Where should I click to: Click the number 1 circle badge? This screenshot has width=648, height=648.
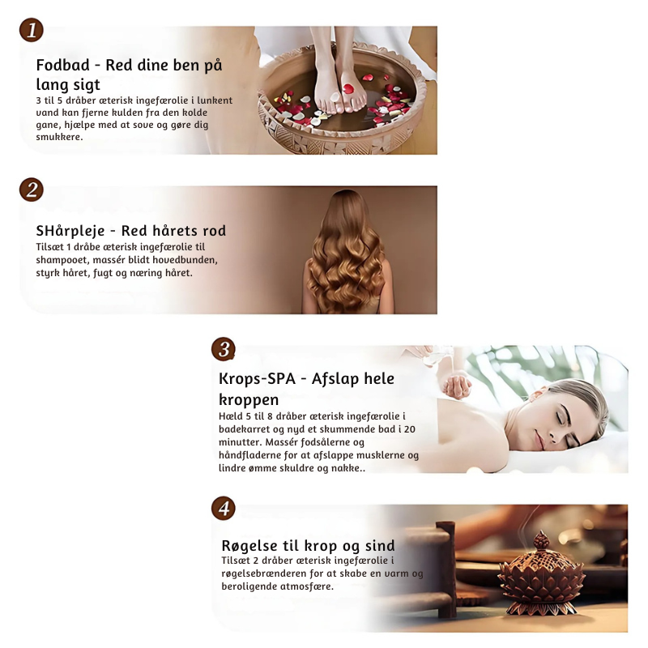(x=32, y=30)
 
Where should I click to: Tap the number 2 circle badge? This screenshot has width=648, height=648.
(x=32, y=190)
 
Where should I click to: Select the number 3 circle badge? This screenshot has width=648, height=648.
(x=224, y=349)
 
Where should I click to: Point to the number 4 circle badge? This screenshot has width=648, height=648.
(x=224, y=509)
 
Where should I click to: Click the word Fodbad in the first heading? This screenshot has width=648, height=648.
(x=63, y=66)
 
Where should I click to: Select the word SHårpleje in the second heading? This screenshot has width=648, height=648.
(x=70, y=231)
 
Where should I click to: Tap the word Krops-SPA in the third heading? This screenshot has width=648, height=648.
(x=257, y=379)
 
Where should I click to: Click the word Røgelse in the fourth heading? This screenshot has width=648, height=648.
(x=249, y=546)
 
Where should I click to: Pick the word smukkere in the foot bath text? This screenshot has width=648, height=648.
(x=59, y=137)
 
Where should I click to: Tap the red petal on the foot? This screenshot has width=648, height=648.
(x=348, y=88)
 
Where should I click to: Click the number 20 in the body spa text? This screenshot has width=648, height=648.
(x=410, y=429)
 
